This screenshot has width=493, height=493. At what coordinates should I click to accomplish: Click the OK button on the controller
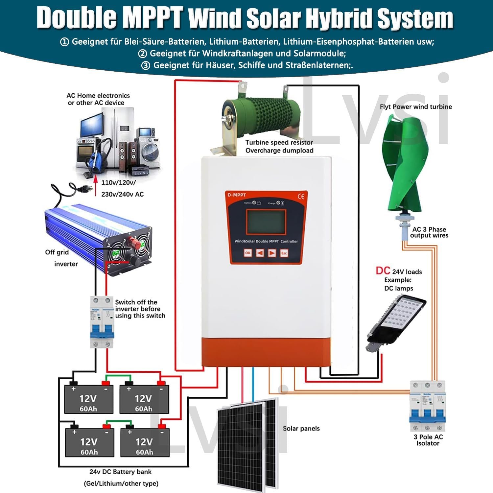(248, 253)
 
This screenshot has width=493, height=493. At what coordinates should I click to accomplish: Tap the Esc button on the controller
(284, 253)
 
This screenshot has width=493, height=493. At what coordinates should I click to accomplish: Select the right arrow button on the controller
(272, 253)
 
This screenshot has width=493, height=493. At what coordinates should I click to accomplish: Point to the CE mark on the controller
(301, 197)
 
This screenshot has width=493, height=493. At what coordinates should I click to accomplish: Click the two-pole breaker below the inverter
(102, 322)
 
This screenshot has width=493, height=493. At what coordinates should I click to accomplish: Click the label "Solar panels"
(301, 429)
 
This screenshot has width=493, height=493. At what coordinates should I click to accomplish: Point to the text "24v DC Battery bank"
(120, 472)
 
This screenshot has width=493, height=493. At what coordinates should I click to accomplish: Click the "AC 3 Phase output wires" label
(429, 232)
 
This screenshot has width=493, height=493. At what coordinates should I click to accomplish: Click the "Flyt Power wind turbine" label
(416, 107)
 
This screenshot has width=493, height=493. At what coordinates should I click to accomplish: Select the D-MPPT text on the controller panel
(237, 195)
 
